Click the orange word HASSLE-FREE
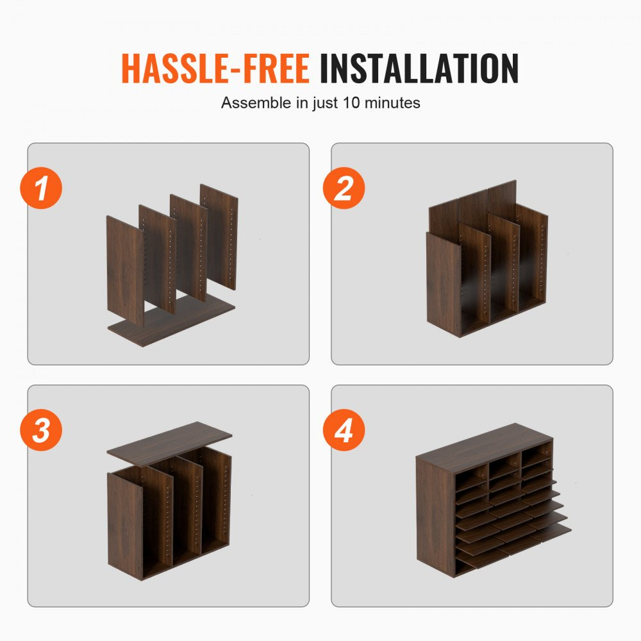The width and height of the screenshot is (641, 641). (x=215, y=69)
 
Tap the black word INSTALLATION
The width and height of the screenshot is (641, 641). (x=419, y=69)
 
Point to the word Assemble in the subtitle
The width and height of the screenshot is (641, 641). (x=256, y=103)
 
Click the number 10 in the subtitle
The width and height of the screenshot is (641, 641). (x=351, y=103)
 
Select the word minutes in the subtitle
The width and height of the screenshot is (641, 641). (x=392, y=103)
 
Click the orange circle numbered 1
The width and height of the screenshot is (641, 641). (x=41, y=188)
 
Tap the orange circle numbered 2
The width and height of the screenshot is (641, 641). (x=344, y=188)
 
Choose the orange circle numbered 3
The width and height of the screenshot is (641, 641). (x=41, y=430)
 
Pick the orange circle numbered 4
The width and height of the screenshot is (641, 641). (x=344, y=430)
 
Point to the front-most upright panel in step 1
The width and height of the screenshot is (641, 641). (x=125, y=271)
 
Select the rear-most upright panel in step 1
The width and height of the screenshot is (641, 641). (x=219, y=237)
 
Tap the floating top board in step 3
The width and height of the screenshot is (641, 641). (x=169, y=444)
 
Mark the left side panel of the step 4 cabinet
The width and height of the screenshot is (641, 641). (x=435, y=517)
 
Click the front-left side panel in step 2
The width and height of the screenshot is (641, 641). (x=444, y=284)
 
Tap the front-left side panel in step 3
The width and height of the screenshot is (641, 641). (x=125, y=526)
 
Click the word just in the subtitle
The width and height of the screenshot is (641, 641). (x=326, y=103)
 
